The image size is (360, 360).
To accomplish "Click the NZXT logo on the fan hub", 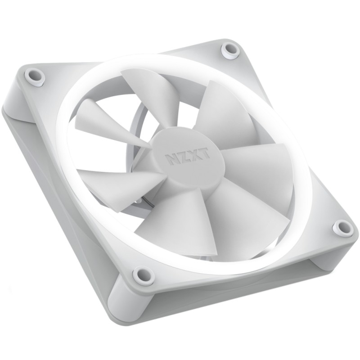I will (x=189, y=157).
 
